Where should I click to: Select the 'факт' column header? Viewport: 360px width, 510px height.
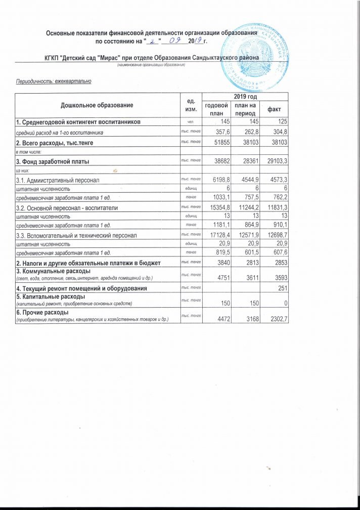(275, 109)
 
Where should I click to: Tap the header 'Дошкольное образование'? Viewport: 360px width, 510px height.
(97, 105)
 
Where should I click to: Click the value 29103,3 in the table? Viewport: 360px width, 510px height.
(273, 162)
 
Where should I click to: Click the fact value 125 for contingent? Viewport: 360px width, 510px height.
(281, 122)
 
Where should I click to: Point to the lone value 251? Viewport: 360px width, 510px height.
(281, 288)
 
